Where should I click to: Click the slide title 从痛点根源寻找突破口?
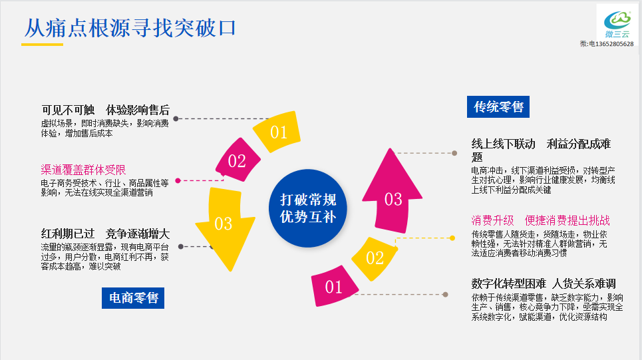point(130,28)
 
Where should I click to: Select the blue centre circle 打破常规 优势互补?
point(308,208)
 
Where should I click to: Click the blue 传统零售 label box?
point(498,106)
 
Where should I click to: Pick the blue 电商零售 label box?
point(133,297)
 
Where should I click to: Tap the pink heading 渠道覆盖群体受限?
point(83,170)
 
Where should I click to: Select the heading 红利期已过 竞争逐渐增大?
point(105,234)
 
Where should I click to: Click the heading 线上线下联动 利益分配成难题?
point(540,150)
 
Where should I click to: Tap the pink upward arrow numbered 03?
point(393,196)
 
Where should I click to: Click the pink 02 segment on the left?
point(237,160)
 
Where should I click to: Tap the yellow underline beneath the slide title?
point(42,45)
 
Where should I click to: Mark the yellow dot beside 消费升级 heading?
point(453,238)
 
